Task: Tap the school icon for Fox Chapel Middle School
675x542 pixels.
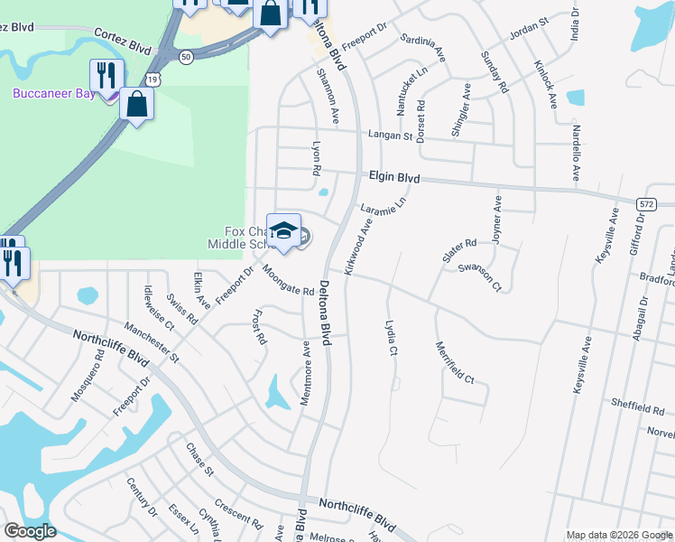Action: pos(284,231)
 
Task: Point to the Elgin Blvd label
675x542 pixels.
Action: pos(394,178)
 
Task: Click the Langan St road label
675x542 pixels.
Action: pos(390,136)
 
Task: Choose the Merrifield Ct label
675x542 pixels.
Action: pos(455,362)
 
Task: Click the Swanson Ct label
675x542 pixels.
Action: pos(479,277)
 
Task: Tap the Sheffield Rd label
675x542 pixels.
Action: pos(638,408)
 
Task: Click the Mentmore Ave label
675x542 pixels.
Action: pos(305,373)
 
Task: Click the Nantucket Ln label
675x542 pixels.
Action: pos(399,90)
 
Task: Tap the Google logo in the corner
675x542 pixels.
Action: pos(30,531)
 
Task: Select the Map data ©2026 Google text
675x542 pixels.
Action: pos(619,535)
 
